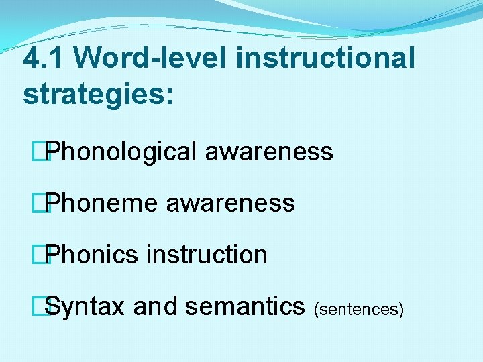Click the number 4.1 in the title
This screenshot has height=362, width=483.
coord(42,59)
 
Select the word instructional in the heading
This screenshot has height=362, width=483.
coord(325,59)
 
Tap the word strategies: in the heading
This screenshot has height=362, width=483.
coord(98,94)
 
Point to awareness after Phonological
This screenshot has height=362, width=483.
coord(269,152)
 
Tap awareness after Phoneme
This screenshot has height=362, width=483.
coord(230,203)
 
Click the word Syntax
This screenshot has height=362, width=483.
coord(86,307)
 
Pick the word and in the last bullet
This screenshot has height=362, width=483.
coord(156,307)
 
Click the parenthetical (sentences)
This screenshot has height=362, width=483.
coord(358,309)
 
